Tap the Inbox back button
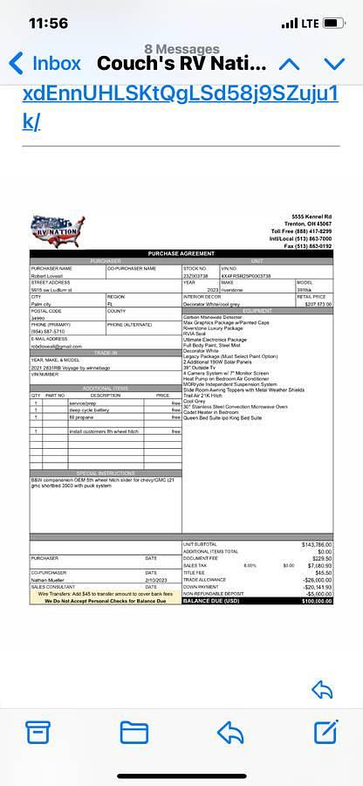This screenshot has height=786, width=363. tap(44, 63)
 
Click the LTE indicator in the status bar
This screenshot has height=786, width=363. tap(309, 24)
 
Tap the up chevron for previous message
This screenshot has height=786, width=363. tap(289, 63)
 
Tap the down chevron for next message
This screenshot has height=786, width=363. tap(334, 63)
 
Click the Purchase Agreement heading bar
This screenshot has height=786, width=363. tap(181, 253)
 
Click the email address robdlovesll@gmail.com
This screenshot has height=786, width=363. tap(57, 346)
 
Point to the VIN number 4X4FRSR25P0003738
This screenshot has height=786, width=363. tap(247, 275)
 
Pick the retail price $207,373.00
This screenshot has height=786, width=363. tap(318, 304)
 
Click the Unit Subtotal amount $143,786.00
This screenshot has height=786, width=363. tap(317, 544)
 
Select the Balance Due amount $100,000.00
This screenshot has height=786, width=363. tap(317, 601)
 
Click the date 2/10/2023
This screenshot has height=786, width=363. tap(156, 579)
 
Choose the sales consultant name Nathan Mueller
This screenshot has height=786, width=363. tap(50, 579)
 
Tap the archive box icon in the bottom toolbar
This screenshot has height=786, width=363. tap(38, 731)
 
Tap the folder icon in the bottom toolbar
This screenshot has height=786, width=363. tap(134, 731)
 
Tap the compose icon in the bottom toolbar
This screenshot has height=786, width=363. tap(325, 731)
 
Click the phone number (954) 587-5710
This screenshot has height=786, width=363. tap(47, 332)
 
